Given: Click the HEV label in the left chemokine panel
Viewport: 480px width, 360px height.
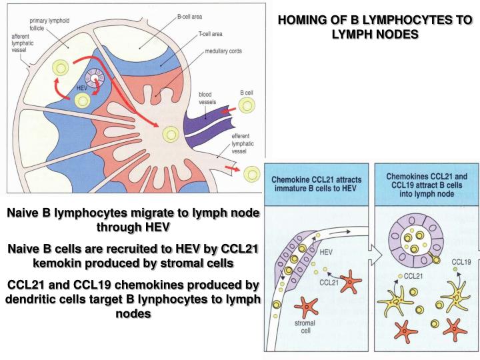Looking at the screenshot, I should (x=327, y=253).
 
